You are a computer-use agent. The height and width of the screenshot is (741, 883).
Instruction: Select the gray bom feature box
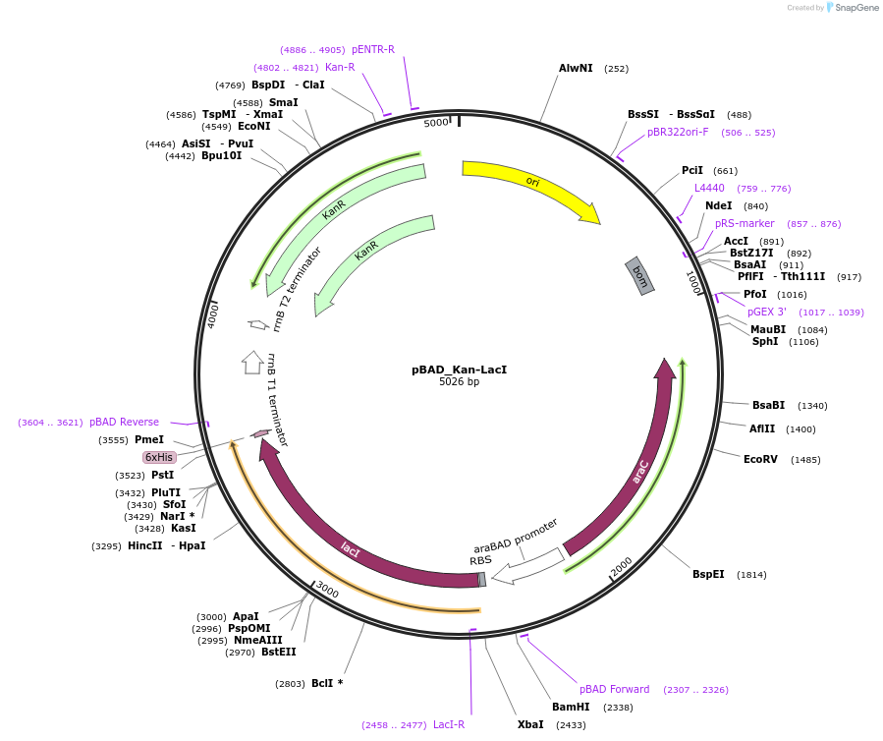tap(639, 275)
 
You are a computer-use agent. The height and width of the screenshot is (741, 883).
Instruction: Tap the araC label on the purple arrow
tap(640, 472)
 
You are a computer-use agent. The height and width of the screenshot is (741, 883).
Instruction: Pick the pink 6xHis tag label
tap(159, 457)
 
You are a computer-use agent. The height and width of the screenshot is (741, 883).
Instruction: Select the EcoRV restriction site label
tap(760, 459)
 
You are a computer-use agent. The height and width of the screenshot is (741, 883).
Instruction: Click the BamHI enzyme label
tap(571, 707)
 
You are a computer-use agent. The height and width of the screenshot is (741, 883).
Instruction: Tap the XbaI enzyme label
tap(530, 724)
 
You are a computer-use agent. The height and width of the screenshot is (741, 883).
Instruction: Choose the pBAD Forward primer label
tap(615, 689)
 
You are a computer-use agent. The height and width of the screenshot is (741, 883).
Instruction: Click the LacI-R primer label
tap(449, 724)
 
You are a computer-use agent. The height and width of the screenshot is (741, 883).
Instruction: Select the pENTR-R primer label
tap(373, 49)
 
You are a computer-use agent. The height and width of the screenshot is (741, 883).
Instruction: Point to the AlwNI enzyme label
tap(576, 69)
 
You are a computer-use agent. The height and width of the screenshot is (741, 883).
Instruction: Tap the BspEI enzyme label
tap(708, 574)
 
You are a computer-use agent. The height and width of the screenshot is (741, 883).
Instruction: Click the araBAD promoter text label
tap(516, 536)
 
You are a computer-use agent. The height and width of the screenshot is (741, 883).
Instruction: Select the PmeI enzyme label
tap(148, 439)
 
